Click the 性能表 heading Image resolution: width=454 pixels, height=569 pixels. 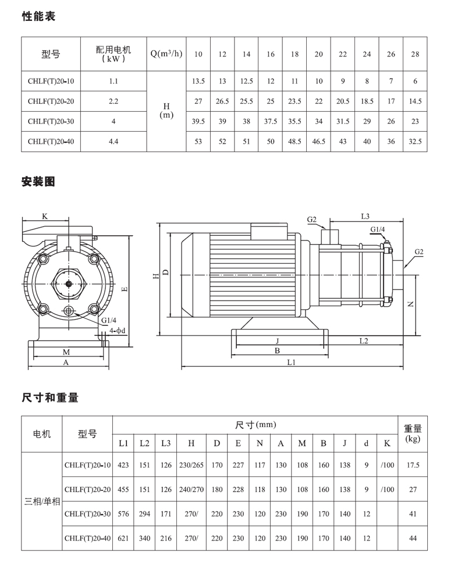click(x=38, y=16)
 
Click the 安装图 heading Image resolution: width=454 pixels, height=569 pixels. click(x=38, y=182)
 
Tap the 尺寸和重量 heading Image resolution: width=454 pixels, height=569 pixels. click(x=50, y=398)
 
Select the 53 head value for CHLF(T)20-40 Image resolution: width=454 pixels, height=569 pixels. click(x=198, y=142)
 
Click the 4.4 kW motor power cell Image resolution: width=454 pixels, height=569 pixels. click(x=114, y=142)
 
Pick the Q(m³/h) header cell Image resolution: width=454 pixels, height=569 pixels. click(x=166, y=54)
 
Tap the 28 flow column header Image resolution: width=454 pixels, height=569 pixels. click(x=415, y=54)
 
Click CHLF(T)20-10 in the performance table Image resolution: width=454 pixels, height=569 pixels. click(x=51, y=82)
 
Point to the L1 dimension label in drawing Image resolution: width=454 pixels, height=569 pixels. click(x=292, y=362)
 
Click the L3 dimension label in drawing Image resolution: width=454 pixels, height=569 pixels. click(x=365, y=216)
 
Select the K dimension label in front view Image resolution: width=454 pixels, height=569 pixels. click(x=45, y=216)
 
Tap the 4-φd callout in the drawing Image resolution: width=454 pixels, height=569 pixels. click(x=118, y=331)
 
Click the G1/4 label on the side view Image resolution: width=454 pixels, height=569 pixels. click(x=377, y=229)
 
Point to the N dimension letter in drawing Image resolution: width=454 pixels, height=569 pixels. click(x=410, y=304)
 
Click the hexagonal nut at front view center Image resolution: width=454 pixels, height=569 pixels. click(x=69, y=284)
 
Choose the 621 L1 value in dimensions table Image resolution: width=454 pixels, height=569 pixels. click(x=123, y=539)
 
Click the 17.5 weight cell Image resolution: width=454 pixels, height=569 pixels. click(x=413, y=465)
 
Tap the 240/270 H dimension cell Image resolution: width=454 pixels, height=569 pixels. click(x=191, y=490)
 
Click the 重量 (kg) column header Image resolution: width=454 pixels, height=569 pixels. click(x=413, y=434)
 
